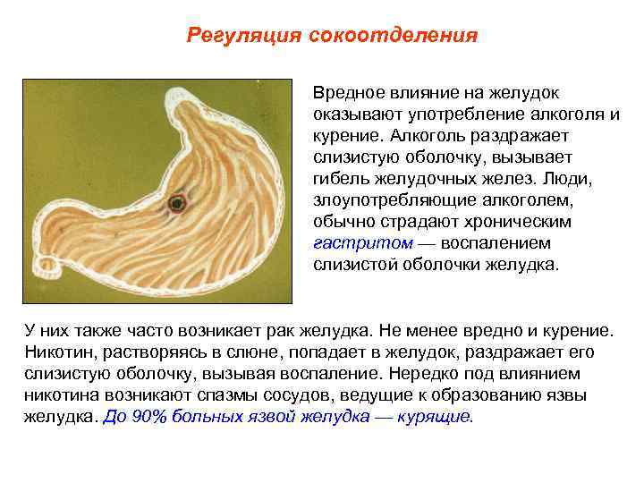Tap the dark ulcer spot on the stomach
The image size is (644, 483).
[177, 203]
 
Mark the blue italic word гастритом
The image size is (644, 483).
[363, 243]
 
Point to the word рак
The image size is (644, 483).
[267, 331]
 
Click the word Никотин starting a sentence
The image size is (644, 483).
[58, 352]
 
